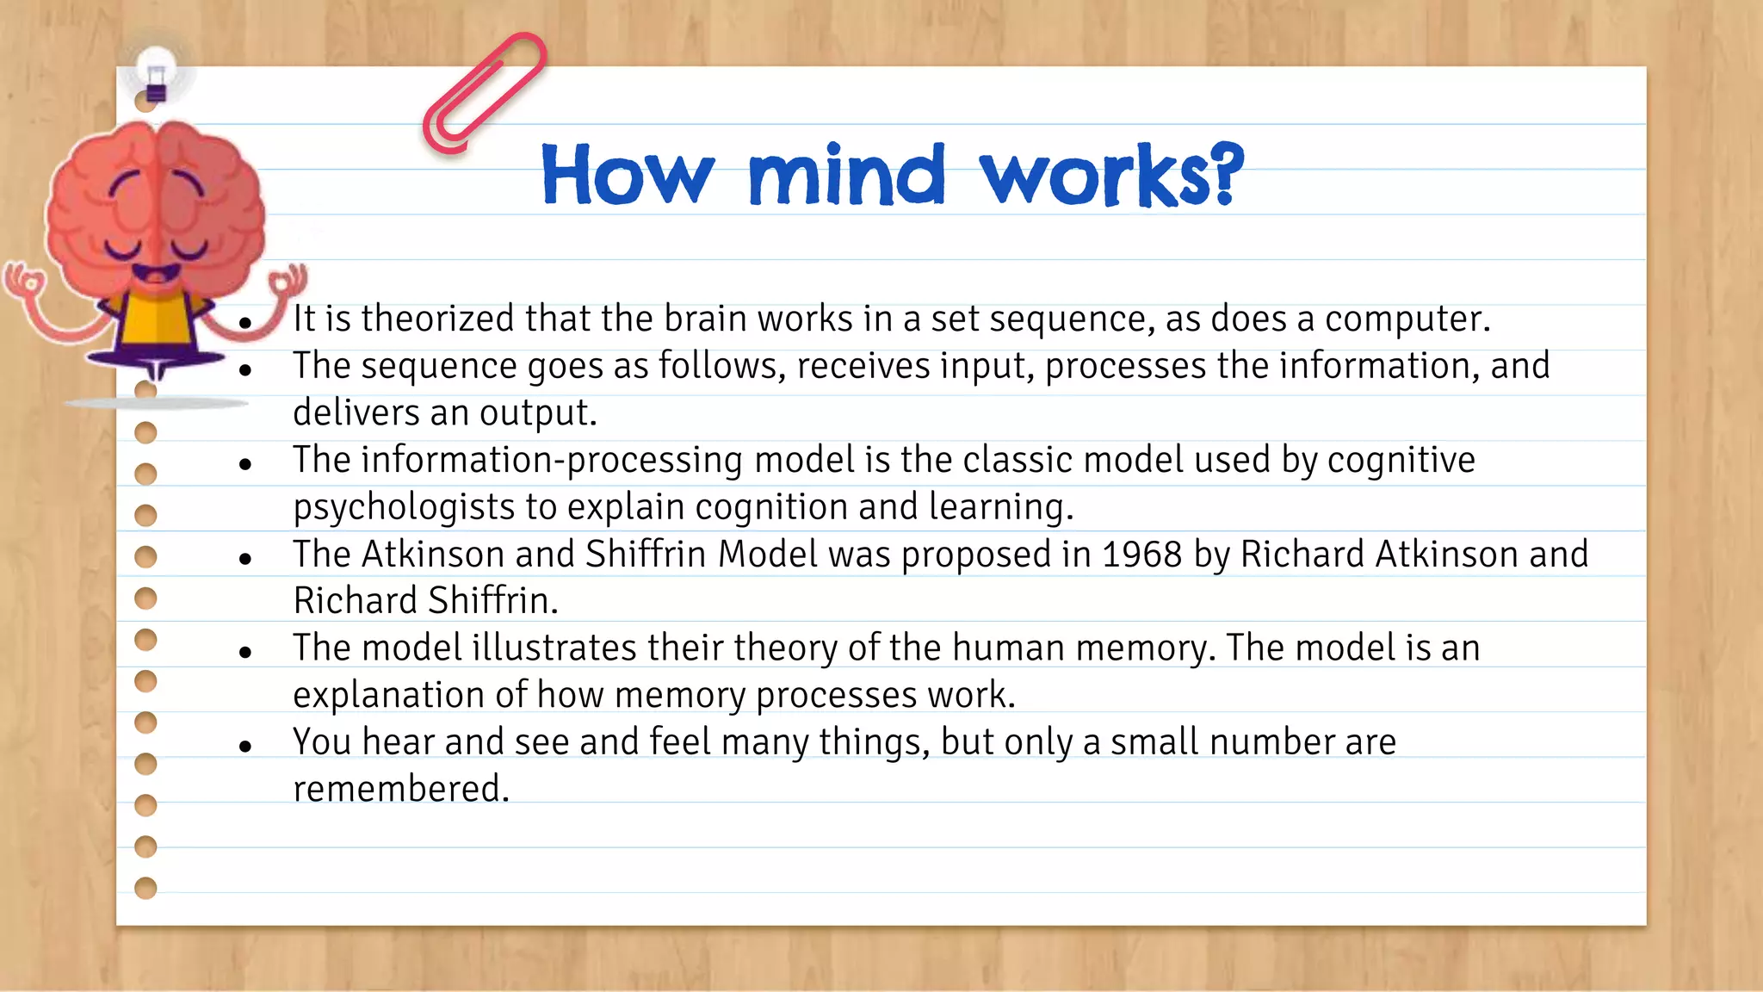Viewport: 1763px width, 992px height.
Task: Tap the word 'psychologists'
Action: pos(403,507)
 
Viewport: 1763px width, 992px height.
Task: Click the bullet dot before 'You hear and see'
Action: pos(245,746)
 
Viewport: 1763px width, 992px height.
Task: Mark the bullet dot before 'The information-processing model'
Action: pos(245,464)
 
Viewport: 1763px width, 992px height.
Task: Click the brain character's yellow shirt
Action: pos(155,322)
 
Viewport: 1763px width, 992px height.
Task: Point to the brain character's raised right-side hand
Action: pos(288,281)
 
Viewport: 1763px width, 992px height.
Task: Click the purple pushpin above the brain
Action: pos(156,82)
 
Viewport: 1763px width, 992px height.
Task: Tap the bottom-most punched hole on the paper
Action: pos(146,888)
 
